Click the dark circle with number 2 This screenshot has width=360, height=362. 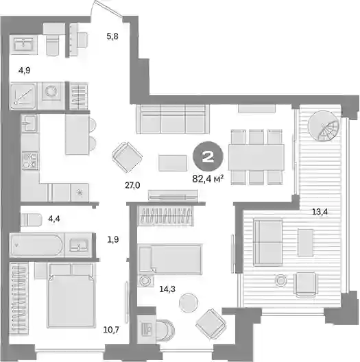pos(208,156)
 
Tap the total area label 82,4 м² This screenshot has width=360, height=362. pos(208,179)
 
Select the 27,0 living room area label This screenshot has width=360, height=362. pos(132,185)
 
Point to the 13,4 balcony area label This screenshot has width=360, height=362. pos(320,211)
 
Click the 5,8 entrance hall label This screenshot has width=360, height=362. pos(112,36)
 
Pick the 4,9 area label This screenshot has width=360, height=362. pos(25,70)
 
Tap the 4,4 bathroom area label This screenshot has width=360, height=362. pos(54,219)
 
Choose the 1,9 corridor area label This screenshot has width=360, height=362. pos(113,239)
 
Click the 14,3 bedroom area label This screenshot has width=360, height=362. pos(167,289)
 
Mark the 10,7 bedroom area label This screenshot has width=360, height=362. pos(111,330)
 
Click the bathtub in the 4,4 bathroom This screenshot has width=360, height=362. pos(37,245)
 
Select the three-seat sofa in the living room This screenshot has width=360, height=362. pos(173,119)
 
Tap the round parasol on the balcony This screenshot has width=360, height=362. pos(323,125)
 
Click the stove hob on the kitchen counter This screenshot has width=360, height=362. pos(30,160)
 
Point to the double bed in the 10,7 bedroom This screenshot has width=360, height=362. pos(71,295)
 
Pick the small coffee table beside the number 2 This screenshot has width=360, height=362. pos(173,163)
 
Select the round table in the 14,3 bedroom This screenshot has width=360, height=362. pos(189,302)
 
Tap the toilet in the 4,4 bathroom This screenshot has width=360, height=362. pos(32,220)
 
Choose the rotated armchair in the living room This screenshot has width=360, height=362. pos(128,157)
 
